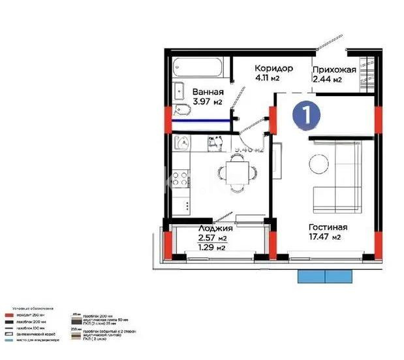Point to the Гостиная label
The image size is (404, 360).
328,227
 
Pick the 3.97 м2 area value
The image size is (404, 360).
208,102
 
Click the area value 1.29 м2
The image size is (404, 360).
211,248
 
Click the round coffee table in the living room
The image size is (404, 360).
319,163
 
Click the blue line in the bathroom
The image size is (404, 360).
202,120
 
